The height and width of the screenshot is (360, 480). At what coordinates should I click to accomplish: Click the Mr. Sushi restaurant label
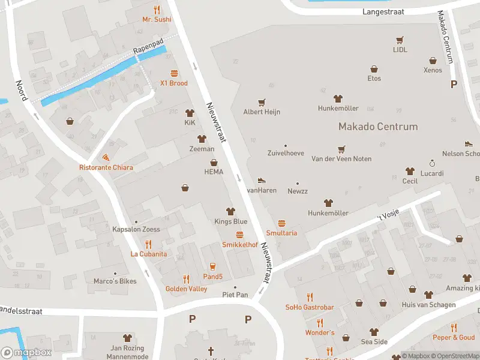pos(157,19)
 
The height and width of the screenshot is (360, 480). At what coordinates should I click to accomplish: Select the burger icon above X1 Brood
pos(174,73)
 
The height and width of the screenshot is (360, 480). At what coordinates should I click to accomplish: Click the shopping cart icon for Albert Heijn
pos(262,103)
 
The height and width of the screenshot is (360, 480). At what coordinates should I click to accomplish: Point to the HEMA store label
pos(214,172)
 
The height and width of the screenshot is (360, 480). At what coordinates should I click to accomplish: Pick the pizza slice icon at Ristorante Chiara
pos(106,158)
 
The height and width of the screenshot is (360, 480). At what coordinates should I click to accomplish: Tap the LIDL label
pos(400,50)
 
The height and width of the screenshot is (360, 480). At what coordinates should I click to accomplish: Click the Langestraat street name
pos(383,11)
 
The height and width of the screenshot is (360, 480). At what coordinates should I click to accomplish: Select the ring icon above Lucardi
pos(431,163)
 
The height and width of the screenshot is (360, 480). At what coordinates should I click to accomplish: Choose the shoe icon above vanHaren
pos(261,180)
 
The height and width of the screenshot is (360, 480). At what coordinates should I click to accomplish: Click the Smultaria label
pos(281,233)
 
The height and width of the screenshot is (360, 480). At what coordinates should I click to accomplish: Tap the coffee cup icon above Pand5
pos(212,266)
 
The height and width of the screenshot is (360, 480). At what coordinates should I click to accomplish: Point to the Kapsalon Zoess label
pos(136,229)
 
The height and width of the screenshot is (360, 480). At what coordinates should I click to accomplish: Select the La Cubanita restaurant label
pos(149,254)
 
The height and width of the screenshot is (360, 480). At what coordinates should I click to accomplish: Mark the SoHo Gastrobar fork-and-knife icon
pos(310,297)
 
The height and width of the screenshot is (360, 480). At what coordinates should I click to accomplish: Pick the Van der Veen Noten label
pos(341,159)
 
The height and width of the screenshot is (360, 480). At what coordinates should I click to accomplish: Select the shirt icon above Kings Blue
pos(230,211)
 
